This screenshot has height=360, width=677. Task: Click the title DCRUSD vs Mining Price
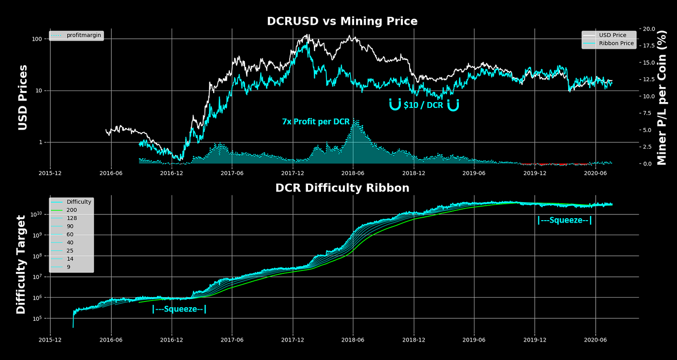pyautogui.click(x=342, y=21)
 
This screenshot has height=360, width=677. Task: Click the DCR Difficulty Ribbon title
pyautogui.click(x=342, y=188)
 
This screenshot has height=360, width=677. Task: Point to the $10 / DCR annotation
pyautogui.click(x=423, y=105)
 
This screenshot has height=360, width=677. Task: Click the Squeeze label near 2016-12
pyautogui.click(x=179, y=309)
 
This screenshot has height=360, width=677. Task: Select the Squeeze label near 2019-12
pyautogui.click(x=564, y=221)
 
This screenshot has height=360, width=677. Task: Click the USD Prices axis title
pyautogui.click(x=23, y=98)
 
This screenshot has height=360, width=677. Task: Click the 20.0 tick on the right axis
pyautogui.click(x=648, y=29)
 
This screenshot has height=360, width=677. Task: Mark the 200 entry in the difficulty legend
pyautogui.click(x=71, y=210)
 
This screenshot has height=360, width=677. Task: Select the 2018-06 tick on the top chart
pyautogui.click(x=353, y=172)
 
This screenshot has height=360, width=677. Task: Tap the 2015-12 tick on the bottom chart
pyautogui.click(x=51, y=339)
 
